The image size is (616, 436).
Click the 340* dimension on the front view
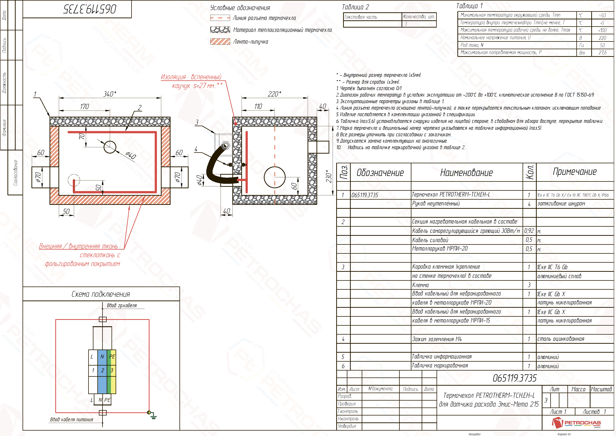109,94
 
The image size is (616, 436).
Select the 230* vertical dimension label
329,176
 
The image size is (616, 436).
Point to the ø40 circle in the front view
110,147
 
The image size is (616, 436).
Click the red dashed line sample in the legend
220,18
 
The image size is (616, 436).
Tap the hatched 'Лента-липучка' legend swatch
220,42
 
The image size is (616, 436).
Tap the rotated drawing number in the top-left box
90,9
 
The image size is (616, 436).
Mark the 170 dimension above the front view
84,107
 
